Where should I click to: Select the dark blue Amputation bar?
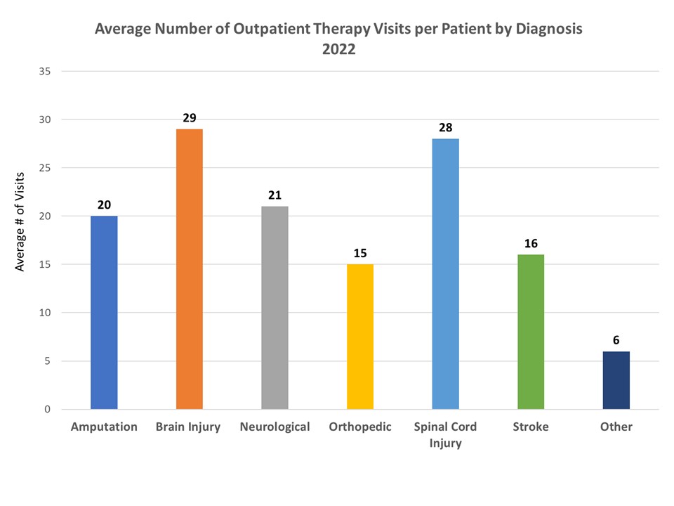click(x=104, y=313)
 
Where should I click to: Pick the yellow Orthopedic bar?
click(x=360, y=337)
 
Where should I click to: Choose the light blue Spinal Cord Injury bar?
click(x=445, y=274)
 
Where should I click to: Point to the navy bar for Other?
click(x=616, y=380)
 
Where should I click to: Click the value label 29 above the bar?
click(x=190, y=118)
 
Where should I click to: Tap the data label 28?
click(x=445, y=128)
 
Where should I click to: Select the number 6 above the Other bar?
click(x=616, y=340)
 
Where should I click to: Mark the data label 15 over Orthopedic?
click(x=360, y=253)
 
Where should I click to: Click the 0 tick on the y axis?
click(x=47, y=410)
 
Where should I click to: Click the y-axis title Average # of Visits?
click(x=21, y=221)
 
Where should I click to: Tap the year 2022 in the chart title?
click(x=338, y=50)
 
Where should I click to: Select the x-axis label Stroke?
click(x=531, y=427)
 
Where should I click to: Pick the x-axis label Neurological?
click(x=275, y=427)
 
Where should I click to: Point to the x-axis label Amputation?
click(x=104, y=427)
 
